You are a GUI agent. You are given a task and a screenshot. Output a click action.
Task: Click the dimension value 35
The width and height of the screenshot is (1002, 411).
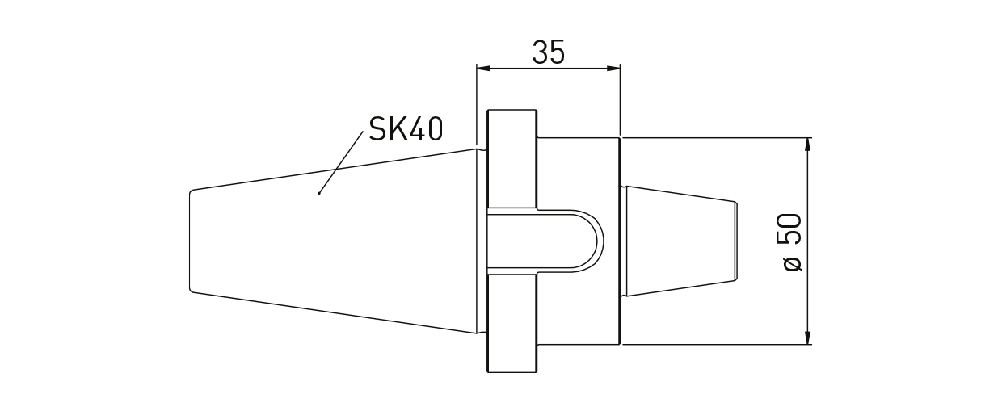(x=548, y=52)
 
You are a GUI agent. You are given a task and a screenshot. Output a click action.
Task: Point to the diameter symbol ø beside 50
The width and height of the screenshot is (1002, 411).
(x=793, y=263)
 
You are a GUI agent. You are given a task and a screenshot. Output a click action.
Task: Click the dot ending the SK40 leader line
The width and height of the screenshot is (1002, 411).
(x=320, y=194)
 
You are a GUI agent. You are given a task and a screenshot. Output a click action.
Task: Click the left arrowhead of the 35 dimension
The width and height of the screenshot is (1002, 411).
(x=482, y=69)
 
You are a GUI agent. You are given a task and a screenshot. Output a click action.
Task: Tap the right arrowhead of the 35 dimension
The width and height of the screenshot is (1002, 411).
(x=614, y=69)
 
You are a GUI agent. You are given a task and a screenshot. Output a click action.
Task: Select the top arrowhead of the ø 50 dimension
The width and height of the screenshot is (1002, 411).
(x=807, y=145)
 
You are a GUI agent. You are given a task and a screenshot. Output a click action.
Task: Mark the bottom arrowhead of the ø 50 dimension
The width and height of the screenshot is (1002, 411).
(x=807, y=338)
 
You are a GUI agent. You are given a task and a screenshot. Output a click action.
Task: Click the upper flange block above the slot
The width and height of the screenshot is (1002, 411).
(x=512, y=157)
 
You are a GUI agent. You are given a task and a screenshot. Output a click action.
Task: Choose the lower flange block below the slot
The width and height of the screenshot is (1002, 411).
(x=512, y=323)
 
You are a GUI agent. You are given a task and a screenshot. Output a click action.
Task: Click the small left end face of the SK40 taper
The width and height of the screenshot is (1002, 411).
(x=191, y=241)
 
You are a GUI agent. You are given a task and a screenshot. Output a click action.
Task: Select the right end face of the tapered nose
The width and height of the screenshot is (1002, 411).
(x=735, y=241)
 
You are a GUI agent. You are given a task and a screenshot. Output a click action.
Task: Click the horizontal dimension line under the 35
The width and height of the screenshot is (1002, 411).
(x=548, y=69)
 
